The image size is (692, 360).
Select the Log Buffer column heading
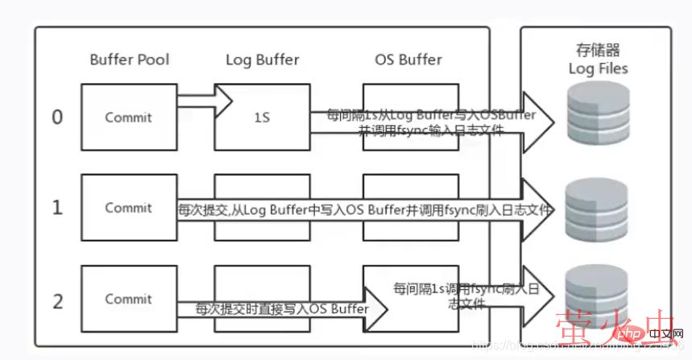click(x=262, y=60)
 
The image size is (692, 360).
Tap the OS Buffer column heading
click(x=408, y=60)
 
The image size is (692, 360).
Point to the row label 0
click(x=57, y=118)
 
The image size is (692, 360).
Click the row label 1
click(x=57, y=208)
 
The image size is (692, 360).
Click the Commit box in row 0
click(x=128, y=118)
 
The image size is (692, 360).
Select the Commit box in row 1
click(x=128, y=208)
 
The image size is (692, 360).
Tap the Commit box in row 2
click(x=128, y=299)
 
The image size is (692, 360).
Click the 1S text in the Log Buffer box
click(x=262, y=118)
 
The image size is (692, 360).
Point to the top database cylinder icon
click(x=596, y=115)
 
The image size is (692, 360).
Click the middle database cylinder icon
click(x=596, y=205)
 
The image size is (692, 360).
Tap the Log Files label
click(x=597, y=68)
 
